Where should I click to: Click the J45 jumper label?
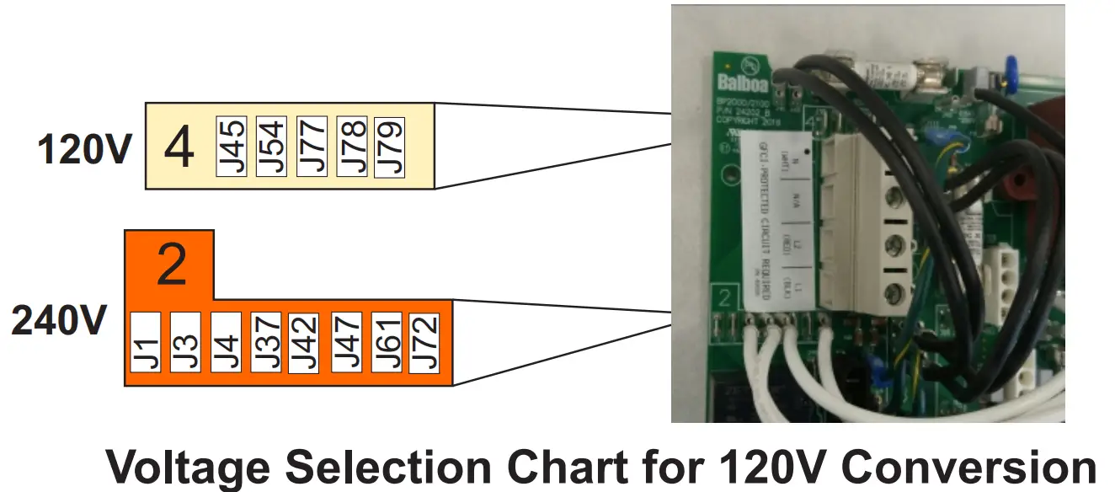pyautogui.click(x=231, y=147)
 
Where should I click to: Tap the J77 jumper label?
pyautogui.click(x=312, y=147)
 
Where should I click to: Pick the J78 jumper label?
pyautogui.click(x=351, y=147)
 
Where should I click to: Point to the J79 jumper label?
pyautogui.click(x=389, y=147)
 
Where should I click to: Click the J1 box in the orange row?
pyautogui.click(x=147, y=343)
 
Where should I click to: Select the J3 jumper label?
pyautogui.click(x=185, y=343)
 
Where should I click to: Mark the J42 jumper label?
pyautogui.click(x=303, y=343)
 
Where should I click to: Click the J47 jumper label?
pyautogui.click(x=345, y=343)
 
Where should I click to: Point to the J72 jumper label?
pyautogui.click(x=424, y=343)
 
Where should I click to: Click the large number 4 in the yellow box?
pyautogui.click(x=179, y=147)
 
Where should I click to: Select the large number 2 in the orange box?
pyautogui.click(x=171, y=265)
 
